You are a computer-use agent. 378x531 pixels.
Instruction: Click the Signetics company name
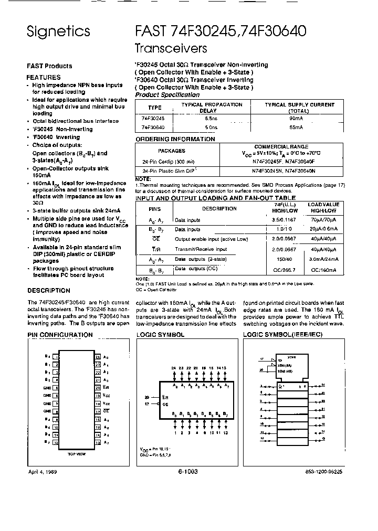coord(58,31)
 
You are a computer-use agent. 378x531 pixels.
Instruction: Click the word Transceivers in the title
coord(171,48)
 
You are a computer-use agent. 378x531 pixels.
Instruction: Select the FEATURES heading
coord(44,77)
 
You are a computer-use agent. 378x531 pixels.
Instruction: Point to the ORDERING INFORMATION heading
coord(175,139)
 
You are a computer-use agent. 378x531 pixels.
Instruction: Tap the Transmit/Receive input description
coord(201,249)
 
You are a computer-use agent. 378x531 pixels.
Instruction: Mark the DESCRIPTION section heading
coord(48,291)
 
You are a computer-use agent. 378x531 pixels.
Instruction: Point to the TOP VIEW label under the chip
coord(77,454)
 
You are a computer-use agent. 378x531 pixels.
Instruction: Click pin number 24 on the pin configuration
coord(98,356)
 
